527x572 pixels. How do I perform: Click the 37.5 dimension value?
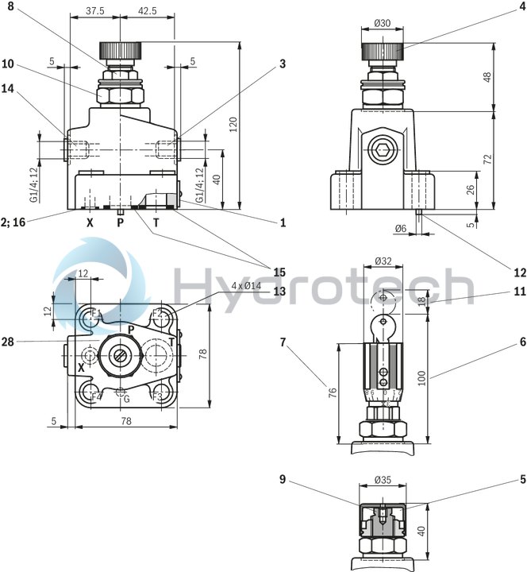(x=94, y=11)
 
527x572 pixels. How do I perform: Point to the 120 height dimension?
(x=232, y=125)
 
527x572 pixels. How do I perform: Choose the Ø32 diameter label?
(x=384, y=260)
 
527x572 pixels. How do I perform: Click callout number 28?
(x=7, y=341)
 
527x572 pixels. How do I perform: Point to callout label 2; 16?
(x=15, y=223)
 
